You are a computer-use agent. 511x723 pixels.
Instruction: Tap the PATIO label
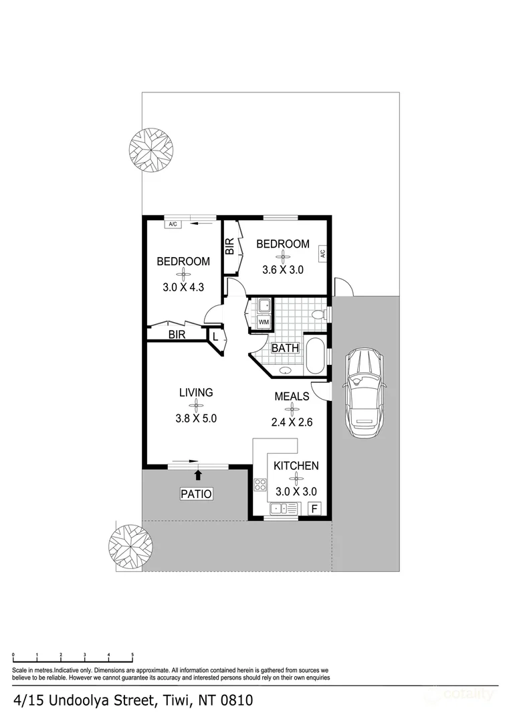pos(197,495)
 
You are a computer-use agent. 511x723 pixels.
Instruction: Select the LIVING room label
pos(196,392)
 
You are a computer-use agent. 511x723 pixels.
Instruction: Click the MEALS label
pos(292,396)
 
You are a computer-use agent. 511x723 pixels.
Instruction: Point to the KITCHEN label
pos(296,466)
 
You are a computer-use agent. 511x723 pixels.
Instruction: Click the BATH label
pos(284,348)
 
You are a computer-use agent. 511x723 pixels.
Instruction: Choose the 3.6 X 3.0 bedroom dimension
pos(283,270)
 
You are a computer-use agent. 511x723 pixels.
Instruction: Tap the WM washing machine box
pos(264,323)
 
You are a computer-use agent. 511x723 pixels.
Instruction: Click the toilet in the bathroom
pos(319,313)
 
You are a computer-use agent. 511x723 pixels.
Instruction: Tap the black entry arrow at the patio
pos(198,475)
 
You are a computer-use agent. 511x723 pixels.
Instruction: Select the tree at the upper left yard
pos(150,149)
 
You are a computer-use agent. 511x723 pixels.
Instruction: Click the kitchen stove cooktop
pos(261,485)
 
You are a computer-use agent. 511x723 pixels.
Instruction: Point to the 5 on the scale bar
pos(132,655)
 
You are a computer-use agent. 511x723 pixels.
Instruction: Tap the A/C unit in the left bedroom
pos(173,224)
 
